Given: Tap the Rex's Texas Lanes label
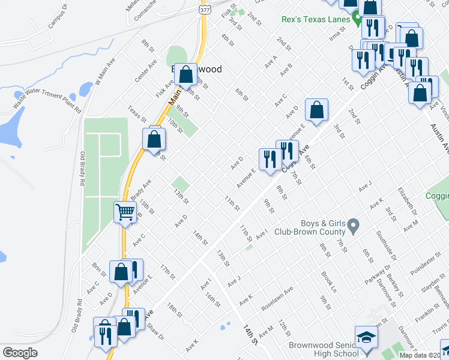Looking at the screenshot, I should [315, 19].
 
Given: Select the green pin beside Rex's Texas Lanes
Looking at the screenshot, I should [357, 20].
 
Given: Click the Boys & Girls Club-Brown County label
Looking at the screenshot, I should [310, 227].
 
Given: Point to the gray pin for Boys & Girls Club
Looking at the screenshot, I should [354, 226].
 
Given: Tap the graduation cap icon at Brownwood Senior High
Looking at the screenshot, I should [366, 338].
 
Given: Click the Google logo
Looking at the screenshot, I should [20, 352].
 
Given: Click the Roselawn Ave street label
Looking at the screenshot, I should [277, 298].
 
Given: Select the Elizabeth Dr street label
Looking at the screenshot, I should [406, 200].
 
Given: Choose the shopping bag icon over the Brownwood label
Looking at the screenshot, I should [187, 75].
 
